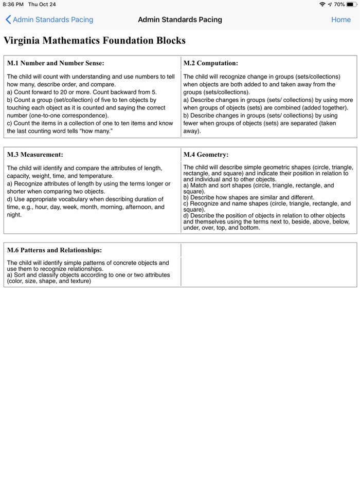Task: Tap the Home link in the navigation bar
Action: (x=340, y=20)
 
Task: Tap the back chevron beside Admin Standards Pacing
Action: (x=8, y=20)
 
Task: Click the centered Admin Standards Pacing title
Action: (x=180, y=20)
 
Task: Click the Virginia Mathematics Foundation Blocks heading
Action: (x=95, y=41)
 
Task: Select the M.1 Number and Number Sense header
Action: (x=56, y=63)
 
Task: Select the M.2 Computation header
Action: (x=210, y=63)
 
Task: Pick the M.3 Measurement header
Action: (x=35, y=154)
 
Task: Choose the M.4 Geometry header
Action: (x=206, y=154)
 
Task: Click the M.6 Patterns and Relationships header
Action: (x=54, y=250)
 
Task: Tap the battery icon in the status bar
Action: (x=352, y=4)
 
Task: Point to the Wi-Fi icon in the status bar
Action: (x=322, y=4)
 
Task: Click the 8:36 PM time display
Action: (x=13, y=4)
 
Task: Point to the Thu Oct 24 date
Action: (x=42, y=4)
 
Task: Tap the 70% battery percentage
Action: (x=339, y=4)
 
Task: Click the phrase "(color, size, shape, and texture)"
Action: (x=49, y=281)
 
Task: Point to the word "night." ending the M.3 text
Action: (x=14, y=215)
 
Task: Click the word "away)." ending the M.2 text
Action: (x=192, y=131)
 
